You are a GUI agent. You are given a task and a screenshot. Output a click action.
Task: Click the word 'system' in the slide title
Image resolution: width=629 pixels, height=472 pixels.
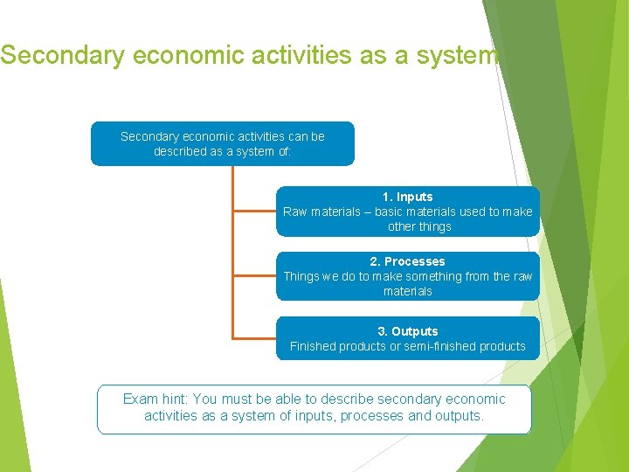pyautogui.click(x=456, y=55)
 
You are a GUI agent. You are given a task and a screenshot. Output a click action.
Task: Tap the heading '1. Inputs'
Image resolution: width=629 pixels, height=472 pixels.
pyautogui.click(x=407, y=197)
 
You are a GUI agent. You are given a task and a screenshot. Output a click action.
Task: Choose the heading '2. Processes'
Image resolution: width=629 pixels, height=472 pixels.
pyautogui.click(x=407, y=261)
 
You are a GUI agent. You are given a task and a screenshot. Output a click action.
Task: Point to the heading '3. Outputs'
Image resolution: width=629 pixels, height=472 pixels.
pyautogui.click(x=407, y=331)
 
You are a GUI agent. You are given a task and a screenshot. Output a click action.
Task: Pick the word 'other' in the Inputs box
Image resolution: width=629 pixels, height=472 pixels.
pyautogui.click(x=401, y=226)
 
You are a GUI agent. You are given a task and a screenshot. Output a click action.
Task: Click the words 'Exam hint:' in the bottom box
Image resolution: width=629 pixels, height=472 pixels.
pyautogui.click(x=156, y=399)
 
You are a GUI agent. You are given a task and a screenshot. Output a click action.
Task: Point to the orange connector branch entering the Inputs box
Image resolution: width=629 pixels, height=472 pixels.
pyautogui.click(x=254, y=211)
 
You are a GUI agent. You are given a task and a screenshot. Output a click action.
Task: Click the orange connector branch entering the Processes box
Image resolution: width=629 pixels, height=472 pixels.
pyautogui.click(x=254, y=275)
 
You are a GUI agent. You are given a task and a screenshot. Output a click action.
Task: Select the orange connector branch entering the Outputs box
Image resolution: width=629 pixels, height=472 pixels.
pyautogui.click(x=254, y=337)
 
